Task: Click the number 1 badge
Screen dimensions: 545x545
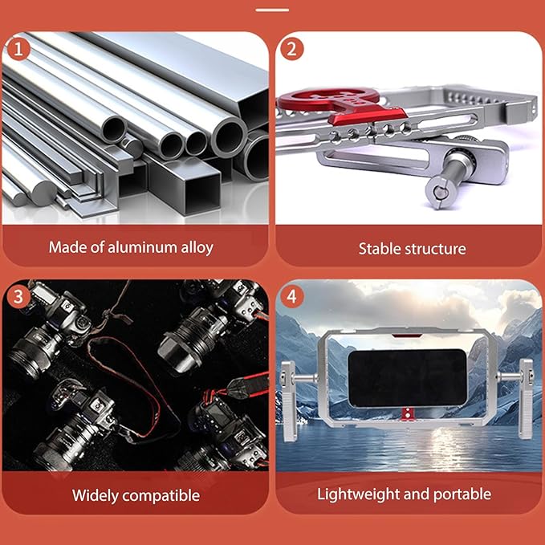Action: tap(18, 49)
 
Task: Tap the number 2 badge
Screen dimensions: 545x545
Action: tap(291, 49)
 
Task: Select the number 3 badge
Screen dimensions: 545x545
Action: tap(18, 296)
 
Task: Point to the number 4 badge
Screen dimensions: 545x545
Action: tap(291, 296)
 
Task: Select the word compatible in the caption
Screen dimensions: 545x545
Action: tap(161, 496)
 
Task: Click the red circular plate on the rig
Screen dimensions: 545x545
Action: tap(328, 99)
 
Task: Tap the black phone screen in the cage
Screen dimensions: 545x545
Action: tap(408, 378)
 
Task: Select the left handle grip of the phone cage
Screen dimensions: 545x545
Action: tap(288, 401)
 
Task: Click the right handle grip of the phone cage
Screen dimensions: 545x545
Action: tap(526, 399)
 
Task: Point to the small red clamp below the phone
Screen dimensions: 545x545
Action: tap(408, 414)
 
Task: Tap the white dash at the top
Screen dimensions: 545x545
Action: tap(272, 10)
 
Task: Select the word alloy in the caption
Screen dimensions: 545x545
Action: tap(197, 247)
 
